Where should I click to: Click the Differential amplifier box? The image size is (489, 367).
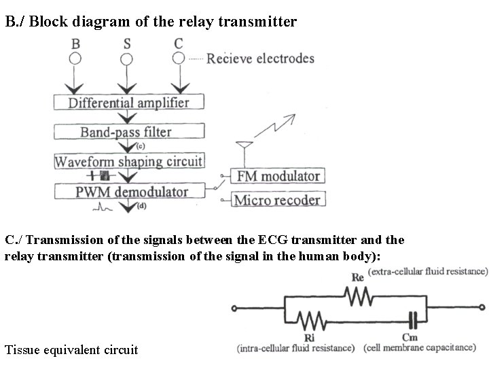(128, 103)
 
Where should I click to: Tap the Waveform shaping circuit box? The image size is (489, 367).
(128, 162)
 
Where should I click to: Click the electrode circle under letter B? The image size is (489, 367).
(75, 58)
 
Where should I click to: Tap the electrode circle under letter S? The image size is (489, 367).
(127, 58)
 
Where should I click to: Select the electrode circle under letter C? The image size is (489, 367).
(178, 58)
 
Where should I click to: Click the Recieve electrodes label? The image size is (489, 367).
(260, 58)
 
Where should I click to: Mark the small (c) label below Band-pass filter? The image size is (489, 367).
(140, 146)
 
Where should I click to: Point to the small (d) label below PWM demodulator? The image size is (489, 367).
(141, 206)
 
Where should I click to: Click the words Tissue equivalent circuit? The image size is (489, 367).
(71, 350)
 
